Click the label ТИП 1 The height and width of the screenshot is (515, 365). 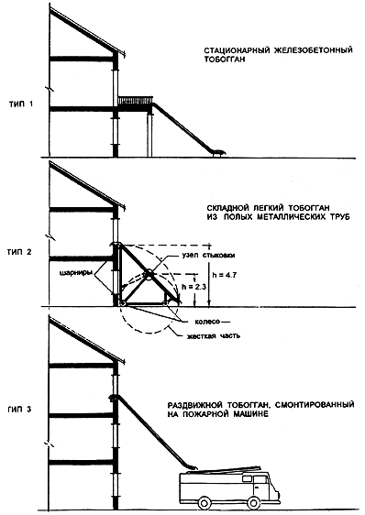point(21,105)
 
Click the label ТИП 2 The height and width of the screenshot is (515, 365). point(20,253)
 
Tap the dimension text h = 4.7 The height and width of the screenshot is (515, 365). point(225,276)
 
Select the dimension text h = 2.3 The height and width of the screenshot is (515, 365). point(194,287)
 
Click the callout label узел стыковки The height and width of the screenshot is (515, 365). point(209,256)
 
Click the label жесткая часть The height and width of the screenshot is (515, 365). point(214,335)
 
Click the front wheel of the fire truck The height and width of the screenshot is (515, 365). point(253,502)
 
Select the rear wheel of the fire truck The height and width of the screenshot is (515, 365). point(205,502)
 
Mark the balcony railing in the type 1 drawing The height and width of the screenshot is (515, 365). point(136,100)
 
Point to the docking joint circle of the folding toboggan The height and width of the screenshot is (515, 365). point(149,273)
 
